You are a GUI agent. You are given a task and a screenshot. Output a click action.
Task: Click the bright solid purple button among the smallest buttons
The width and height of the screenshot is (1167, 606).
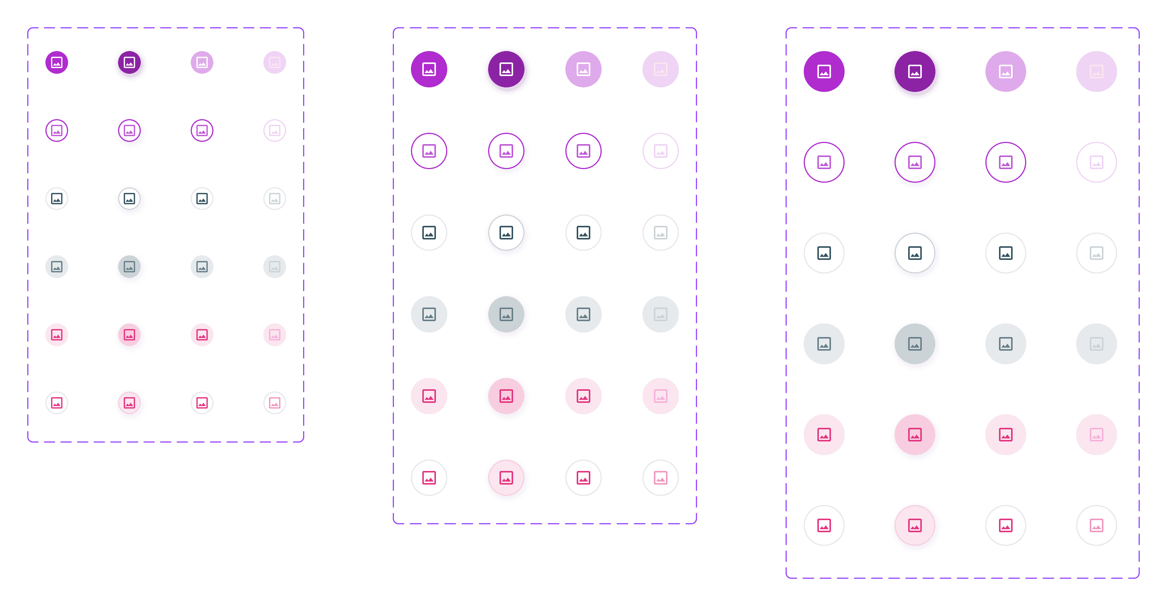[x=57, y=62]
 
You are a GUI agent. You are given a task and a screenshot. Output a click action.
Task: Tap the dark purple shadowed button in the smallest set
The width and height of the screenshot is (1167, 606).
[x=129, y=62]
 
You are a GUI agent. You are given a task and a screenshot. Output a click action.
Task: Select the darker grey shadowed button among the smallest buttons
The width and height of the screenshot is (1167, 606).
[x=129, y=267]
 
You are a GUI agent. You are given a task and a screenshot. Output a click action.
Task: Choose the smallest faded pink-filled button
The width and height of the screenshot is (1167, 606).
[x=275, y=335]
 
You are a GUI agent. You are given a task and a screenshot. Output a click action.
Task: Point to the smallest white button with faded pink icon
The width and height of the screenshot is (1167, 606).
[x=275, y=402]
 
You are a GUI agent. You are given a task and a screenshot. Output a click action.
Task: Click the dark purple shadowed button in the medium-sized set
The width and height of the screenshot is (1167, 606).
[x=506, y=69]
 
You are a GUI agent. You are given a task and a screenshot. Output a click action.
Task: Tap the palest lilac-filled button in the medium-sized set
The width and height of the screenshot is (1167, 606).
[x=661, y=69]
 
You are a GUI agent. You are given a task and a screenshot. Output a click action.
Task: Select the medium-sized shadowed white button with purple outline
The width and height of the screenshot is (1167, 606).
[x=506, y=151]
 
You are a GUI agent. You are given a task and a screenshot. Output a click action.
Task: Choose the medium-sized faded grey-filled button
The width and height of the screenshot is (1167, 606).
[x=661, y=314]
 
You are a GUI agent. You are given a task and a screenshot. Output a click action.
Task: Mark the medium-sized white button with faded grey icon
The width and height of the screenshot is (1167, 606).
[x=661, y=233]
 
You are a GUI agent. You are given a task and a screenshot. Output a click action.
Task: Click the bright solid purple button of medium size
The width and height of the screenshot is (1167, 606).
[x=429, y=69]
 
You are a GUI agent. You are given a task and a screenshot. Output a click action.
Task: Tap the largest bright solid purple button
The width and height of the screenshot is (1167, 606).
[x=824, y=71]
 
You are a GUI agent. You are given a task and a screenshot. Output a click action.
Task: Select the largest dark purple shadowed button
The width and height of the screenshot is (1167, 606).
[x=915, y=71]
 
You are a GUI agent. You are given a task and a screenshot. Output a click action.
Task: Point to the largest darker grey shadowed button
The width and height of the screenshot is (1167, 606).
[x=915, y=344]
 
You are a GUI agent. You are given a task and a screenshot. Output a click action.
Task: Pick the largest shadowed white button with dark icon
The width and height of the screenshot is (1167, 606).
[x=915, y=253]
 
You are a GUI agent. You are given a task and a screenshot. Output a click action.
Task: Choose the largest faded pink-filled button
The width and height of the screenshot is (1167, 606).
[x=1096, y=435]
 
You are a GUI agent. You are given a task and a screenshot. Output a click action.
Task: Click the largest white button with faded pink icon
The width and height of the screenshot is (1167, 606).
[x=1096, y=525]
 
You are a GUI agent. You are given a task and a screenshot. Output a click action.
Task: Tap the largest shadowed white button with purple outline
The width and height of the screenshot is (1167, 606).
[x=915, y=162]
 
